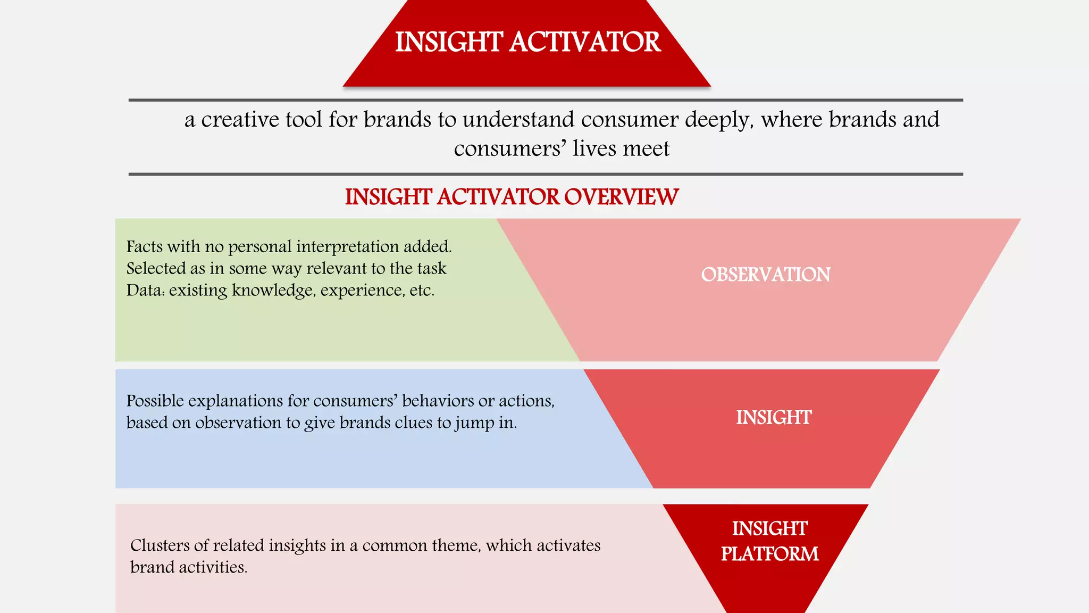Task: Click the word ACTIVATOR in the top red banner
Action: [585, 42]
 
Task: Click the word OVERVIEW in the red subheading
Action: [621, 197]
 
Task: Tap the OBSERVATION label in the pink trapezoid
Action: [765, 275]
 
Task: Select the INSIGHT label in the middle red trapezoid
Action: [773, 417]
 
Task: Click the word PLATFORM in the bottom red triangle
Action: [769, 554]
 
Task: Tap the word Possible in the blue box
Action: [155, 401]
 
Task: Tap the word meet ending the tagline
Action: [647, 148]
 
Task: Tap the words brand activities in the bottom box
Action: [188, 567]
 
